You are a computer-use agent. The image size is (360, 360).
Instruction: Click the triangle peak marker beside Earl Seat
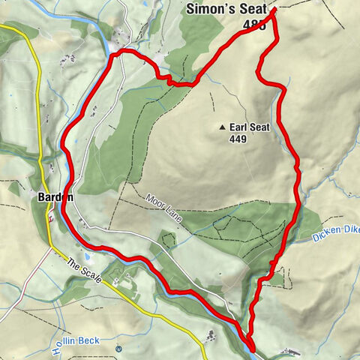[223, 128]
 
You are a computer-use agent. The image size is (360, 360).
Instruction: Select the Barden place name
[53, 197]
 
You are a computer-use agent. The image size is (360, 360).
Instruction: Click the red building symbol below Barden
[50, 218]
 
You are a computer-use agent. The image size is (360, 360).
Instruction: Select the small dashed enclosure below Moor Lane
[168, 240]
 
